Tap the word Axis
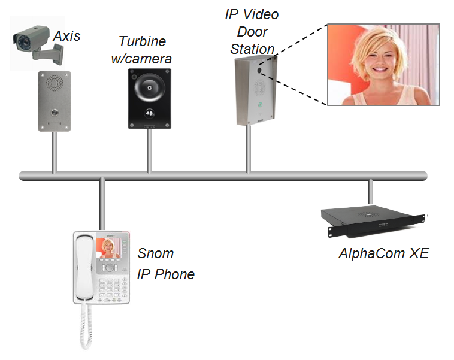[x=66, y=37]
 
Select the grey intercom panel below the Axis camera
[x=55, y=100]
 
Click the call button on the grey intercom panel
[x=55, y=112]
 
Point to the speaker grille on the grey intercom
[x=55, y=82]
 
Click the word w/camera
[x=145, y=59]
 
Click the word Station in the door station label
[x=254, y=49]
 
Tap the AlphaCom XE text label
[x=383, y=253]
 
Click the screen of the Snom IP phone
[x=109, y=247]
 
